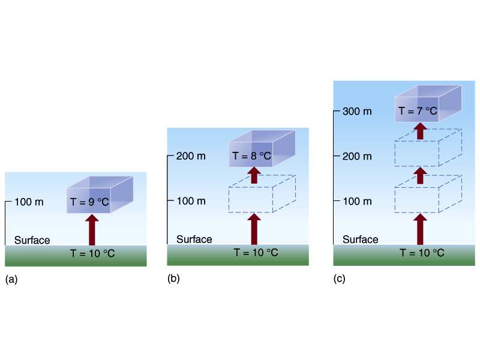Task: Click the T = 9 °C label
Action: pyautogui.click(x=89, y=202)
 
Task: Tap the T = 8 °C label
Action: pyautogui.click(x=251, y=156)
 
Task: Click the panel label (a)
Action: pyautogui.click(x=11, y=279)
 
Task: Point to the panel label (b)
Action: pyautogui.click(x=173, y=278)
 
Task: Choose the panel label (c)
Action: pyautogui.click(x=340, y=278)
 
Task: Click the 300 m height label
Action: pyautogui.click(x=357, y=111)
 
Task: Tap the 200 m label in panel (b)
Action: pyautogui.click(x=191, y=156)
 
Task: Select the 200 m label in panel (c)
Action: pyautogui.click(x=357, y=156)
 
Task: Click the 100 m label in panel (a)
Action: pyautogui.click(x=29, y=202)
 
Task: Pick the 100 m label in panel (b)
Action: pyautogui.click(x=191, y=201)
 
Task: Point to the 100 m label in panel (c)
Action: pyautogui.click(x=357, y=201)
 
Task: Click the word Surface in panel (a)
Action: pyautogui.click(x=32, y=240)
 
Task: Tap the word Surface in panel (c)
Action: pyautogui.click(x=361, y=239)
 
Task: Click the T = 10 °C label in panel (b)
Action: pyautogui.click(x=256, y=253)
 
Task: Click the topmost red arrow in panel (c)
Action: pyautogui.click(x=421, y=131)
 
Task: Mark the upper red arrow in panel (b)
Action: pyautogui.click(x=254, y=175)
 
